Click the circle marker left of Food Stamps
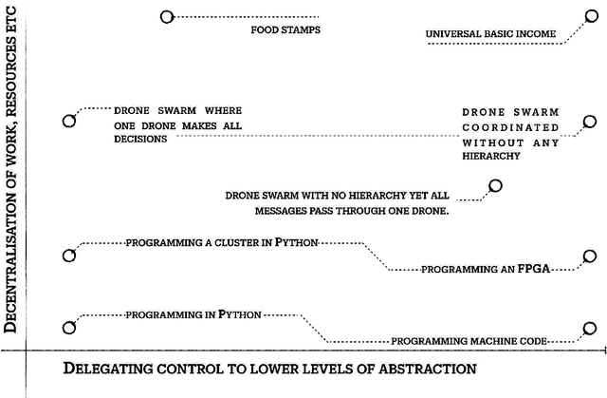167,17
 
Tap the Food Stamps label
285,29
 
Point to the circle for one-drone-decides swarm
68,121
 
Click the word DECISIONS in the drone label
140,138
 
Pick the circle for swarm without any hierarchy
589,122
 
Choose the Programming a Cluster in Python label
221,243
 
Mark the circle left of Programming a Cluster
68,255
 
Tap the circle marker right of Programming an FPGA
589,256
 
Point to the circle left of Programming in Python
68,328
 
